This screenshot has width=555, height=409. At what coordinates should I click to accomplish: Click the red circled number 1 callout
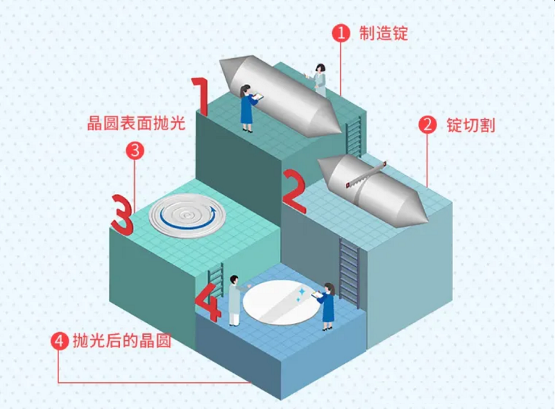pos(340,33)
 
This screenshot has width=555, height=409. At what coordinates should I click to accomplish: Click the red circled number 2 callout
pos(428,125)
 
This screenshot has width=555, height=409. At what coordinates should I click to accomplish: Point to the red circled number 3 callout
pos(136,150)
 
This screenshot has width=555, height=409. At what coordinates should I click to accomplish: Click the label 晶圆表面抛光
pos(137,125)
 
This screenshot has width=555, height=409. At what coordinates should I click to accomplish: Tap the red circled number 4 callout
pos(61,341)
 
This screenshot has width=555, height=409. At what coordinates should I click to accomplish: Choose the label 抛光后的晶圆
pos(120,341)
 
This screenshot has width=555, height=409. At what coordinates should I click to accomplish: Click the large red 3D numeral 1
pos(200,97)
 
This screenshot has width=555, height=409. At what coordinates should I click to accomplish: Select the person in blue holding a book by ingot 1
pos(247,108)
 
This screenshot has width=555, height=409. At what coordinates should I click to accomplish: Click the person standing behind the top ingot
pos(320,78)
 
